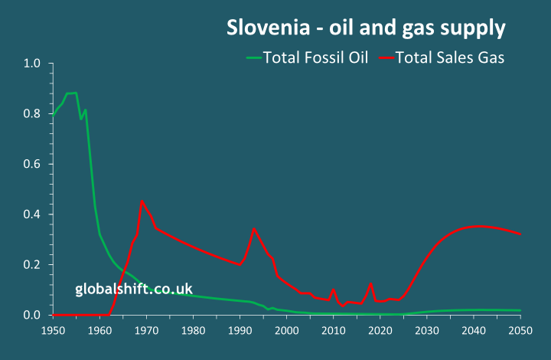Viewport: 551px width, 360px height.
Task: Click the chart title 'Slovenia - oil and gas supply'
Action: [x=366, y=28]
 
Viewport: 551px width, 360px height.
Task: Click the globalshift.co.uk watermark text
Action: [x=134, y=289]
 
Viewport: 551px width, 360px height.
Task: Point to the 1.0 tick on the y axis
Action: [x=31, y=64]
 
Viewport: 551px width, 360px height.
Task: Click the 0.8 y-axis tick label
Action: [x=31, y=114]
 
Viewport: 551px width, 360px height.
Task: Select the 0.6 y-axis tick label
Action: [x=31, y=164]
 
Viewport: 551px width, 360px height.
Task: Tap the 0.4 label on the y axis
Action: [x=31, y=214]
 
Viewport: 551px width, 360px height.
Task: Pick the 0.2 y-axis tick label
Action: [x=31, y=265]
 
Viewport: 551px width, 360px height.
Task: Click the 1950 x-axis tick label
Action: [x=53, y=330]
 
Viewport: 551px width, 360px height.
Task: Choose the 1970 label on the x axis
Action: [x=146, y=330]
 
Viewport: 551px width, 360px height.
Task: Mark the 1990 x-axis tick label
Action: [x=240, y=330]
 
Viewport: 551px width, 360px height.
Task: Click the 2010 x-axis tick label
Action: [x=334, y=330]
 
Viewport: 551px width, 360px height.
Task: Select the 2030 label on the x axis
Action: [x=427, y=330]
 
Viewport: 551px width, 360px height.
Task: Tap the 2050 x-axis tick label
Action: [x=520, y=330]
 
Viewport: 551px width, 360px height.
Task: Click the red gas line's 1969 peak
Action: [x=142, y=201]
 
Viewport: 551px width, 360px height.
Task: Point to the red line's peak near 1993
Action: [x=254, y=228]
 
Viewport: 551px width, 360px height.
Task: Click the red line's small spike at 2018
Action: [x=370, y=284]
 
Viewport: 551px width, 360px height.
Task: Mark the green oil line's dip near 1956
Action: [x=81, y=119]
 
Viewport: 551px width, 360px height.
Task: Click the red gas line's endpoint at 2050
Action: [x=520, y=234]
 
